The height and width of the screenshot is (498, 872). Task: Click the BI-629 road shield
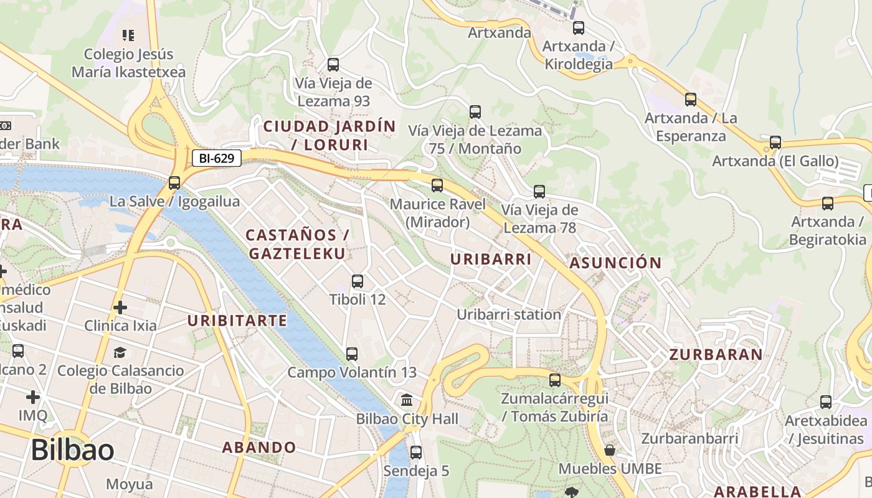click(216, 158)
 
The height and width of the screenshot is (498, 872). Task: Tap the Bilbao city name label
click(72, 450)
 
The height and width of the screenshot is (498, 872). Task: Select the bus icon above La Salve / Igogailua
click(174, 183)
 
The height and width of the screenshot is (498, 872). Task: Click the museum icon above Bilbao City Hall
click(407, 400)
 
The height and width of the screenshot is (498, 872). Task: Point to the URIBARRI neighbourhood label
click(491, 259)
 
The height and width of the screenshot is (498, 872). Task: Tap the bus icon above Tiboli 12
click(358, 281)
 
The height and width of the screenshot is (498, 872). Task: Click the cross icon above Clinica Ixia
click(120, 308)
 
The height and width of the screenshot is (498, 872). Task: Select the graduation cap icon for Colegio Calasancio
click(120, 353)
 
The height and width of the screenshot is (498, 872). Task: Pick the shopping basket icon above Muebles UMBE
click(610, 450)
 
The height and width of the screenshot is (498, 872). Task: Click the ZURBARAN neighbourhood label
click(716, 355)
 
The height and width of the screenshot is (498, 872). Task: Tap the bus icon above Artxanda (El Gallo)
click(775, 143)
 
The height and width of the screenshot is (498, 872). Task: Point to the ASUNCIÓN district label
click(615, 263)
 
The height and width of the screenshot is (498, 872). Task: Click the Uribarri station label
click(509, 314)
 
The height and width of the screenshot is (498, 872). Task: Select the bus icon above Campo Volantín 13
click(352, 354)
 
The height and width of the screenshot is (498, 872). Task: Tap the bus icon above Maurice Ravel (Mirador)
click(437, 185)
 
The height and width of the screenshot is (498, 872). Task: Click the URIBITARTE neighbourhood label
click(237, 321)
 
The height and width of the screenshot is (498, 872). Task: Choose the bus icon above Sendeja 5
click(416, 453)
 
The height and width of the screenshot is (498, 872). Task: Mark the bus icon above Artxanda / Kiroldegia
click(579, 28)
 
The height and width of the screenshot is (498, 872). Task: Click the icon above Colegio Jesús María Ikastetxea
click(128, 35)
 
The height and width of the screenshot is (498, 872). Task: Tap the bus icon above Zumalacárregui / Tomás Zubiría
click(555, 380)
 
